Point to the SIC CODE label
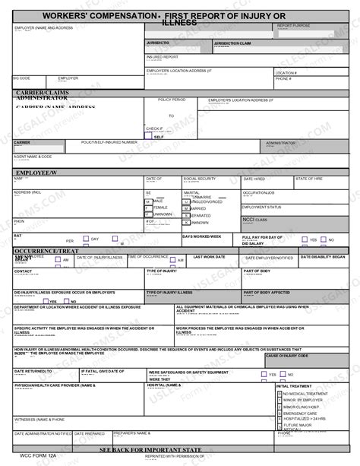point(21,78)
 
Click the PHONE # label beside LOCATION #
point(283,78)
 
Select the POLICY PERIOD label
point(172,100)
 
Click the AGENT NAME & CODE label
point(33,157)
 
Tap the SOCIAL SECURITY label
point(200,179)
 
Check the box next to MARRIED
point(186,208)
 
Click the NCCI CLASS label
point(254,220)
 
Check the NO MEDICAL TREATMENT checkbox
point(279,394)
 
